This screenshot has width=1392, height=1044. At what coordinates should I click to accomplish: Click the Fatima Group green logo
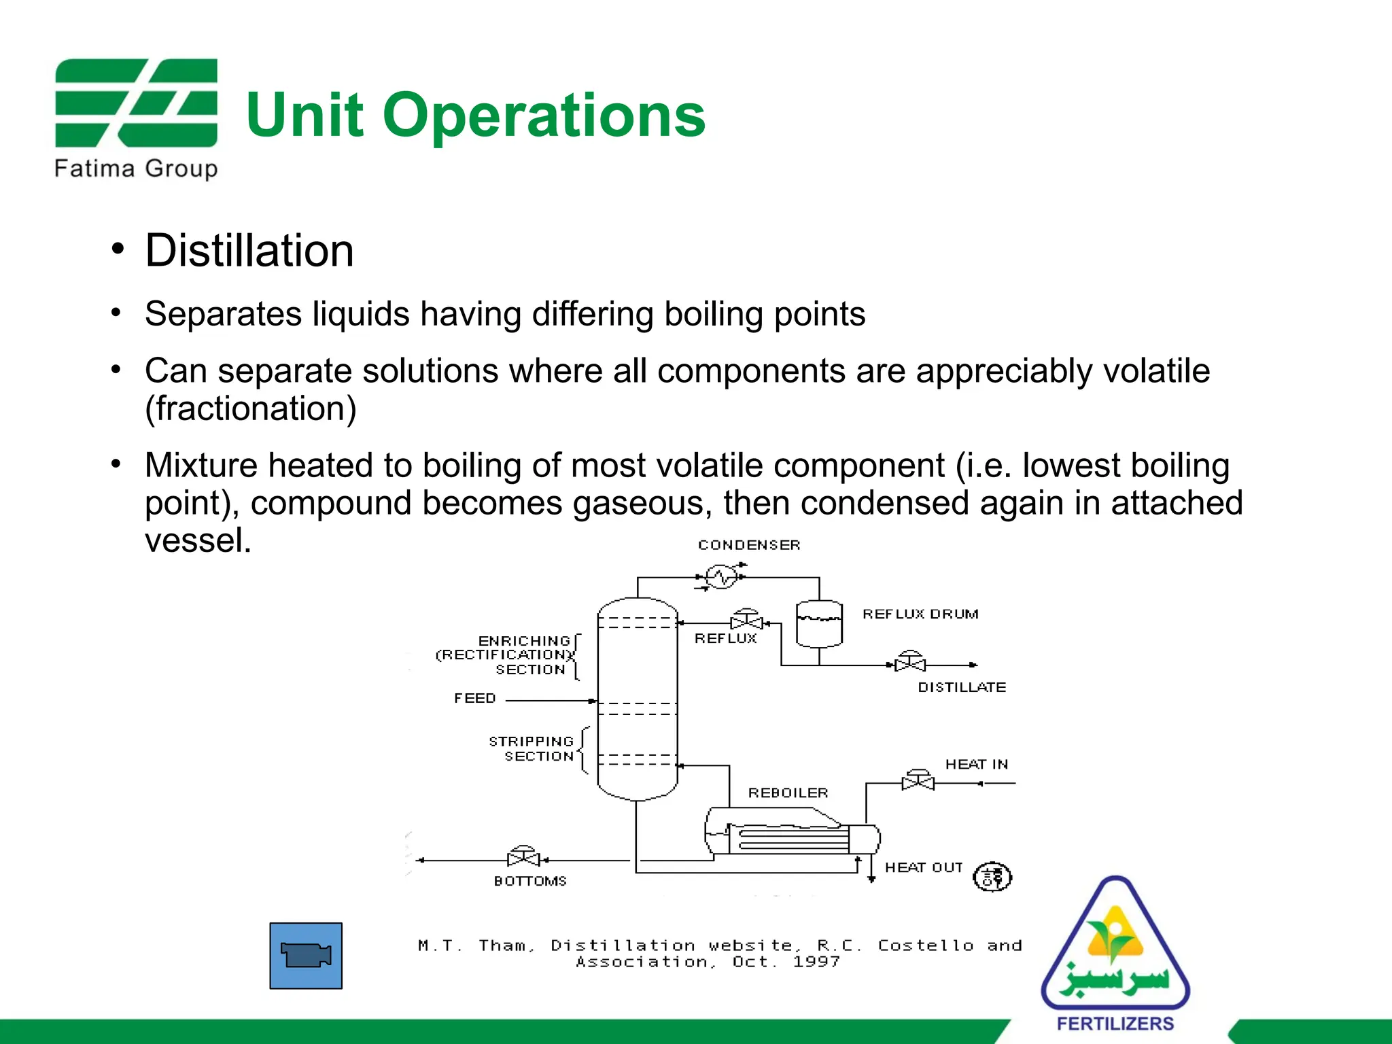(136, 103)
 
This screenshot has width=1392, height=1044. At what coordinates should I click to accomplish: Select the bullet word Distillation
(249, 251)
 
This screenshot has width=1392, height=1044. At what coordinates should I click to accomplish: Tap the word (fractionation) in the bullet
(251, 408)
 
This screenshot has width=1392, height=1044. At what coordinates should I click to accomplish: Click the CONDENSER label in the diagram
(749, 545)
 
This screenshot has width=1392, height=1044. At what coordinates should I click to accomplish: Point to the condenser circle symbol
(721, 577)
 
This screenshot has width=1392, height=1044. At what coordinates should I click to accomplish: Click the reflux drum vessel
(819, 624)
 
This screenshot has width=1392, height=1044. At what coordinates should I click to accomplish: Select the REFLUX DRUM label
(920, 614)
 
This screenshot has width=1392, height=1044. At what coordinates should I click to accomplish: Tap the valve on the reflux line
(746, 621)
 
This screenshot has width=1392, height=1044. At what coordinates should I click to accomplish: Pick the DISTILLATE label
(962, 687)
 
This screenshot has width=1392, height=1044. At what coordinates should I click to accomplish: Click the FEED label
(475, 698)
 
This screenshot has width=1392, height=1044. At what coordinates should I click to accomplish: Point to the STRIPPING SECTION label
(532, 748)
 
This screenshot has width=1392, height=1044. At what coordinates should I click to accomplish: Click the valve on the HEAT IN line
(918, 781)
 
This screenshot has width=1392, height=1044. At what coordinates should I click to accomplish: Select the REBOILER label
(788, 793)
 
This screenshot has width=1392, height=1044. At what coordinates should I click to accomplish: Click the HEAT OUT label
(924, 867)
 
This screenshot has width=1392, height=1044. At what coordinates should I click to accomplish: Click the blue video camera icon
(306, 955)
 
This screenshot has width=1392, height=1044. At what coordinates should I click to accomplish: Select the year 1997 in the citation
(816, 962)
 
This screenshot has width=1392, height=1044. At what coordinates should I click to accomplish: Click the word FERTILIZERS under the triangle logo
(1115, 1024)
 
